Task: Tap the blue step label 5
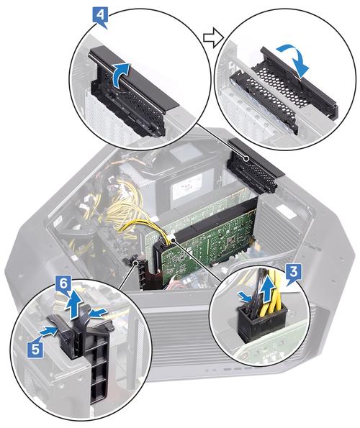pos(35,348)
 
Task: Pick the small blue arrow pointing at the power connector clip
pos(245,297)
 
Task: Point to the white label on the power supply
pos(186,188)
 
